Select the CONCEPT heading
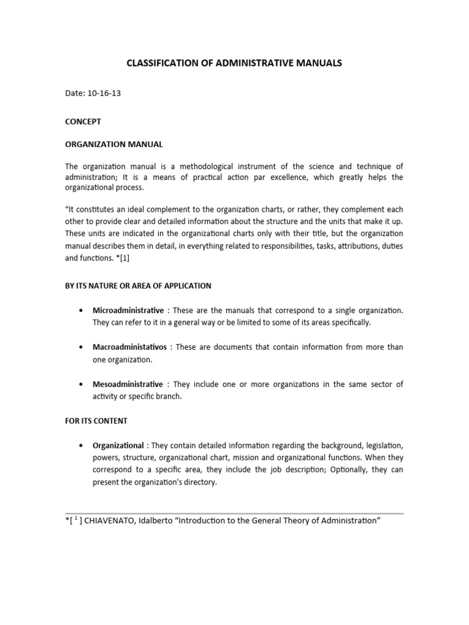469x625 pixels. click(83, 121)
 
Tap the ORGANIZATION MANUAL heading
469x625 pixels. click(114, 145)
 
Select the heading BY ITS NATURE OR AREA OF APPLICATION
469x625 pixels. click(138, 286)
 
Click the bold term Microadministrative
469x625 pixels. click(128, 311)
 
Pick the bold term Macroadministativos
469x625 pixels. click(129, 347)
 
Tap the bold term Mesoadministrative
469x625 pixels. click(128, 385)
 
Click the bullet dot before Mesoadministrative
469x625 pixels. click(82, 385)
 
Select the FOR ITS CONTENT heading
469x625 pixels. click(96, 421)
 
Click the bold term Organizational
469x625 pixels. click(118, 446)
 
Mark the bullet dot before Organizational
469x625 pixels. click(82, 446)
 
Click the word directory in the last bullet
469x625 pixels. click(201, 481)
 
